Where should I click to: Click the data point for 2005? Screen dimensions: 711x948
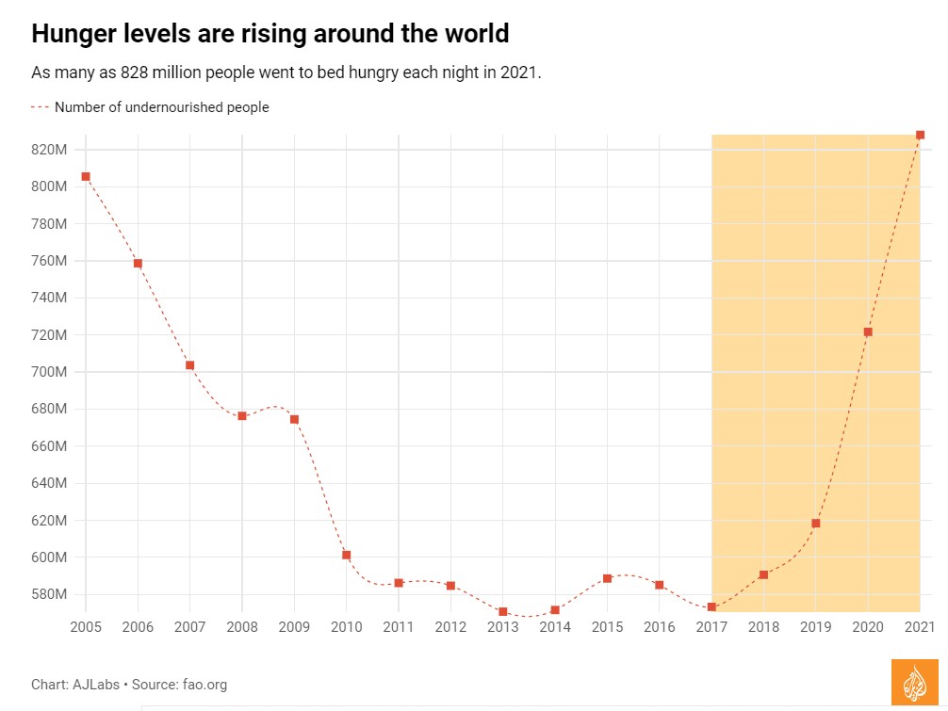click(86, 176)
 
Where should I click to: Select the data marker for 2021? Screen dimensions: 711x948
click(920, 135)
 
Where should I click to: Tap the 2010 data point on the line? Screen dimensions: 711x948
click(347, 555)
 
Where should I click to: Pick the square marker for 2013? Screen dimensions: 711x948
click(502, 611)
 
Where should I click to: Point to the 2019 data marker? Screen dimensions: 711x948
click(816, 523)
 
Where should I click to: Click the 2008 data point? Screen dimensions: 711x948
click(242, 415)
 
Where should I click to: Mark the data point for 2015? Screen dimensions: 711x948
click(607, 578)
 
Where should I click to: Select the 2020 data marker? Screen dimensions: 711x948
click(868, 331)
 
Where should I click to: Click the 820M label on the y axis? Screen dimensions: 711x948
click(47, 150)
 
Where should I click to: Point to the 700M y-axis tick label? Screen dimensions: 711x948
click(47, 372)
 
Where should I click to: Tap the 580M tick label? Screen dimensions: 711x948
click(47, 594)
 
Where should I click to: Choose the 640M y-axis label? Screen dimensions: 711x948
click(47, 483)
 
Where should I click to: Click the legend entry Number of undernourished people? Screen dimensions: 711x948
click(161, 107)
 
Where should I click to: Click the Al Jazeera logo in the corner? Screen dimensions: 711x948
click(914, 682)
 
